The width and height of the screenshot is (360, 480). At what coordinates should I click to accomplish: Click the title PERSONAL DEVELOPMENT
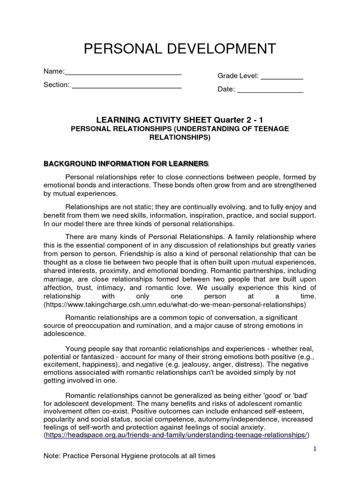tap(180, 48)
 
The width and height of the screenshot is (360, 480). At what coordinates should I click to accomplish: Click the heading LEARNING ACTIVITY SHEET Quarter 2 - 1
tap(180, 120)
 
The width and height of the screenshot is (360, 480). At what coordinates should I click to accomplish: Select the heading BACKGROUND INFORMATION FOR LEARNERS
tap(126, 163)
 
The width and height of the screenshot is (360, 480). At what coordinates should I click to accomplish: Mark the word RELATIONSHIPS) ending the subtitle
tap(180, 138)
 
